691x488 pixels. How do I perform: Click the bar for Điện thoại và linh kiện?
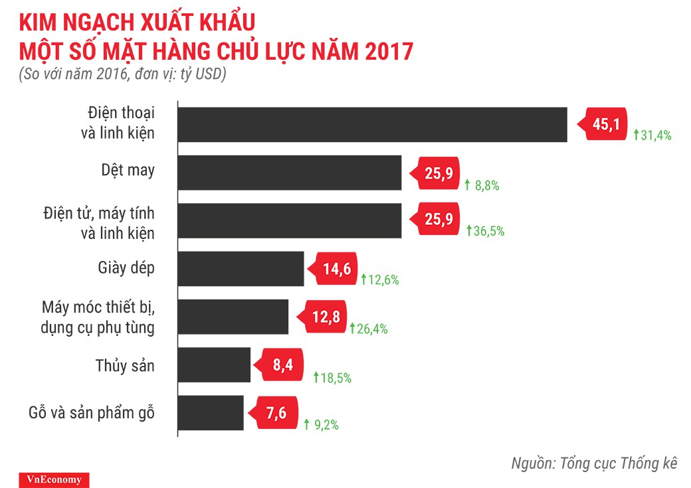[372, 125]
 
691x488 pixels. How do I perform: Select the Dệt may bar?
[290, 173]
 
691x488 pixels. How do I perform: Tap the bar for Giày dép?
[241, 268]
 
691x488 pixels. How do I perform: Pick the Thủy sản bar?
[214, 365]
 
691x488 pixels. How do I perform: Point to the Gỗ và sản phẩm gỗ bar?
[211, 413]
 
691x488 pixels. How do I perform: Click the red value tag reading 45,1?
[605, 123]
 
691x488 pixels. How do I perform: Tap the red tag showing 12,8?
[325, 317]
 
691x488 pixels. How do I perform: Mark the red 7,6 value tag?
[274, 413]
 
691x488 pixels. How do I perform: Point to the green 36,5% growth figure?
[489, 231]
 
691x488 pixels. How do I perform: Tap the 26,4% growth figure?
[372, 328]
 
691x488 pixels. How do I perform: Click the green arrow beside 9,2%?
[307, 423]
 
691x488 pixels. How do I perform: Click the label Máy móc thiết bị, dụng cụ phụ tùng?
[98, 317]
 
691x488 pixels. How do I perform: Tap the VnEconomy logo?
[45, 479]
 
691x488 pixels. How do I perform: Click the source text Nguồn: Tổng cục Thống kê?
[593, 463]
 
